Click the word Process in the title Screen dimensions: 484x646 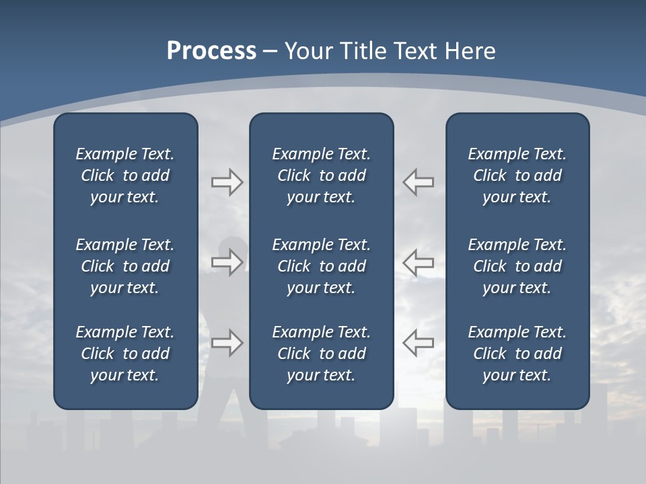click(211, 51)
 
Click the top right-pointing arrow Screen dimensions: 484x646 click(227, 182)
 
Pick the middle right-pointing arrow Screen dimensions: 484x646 click(227, 262)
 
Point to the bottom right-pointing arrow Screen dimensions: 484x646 click(227, 343)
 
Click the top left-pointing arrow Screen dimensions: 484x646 click(418, 182)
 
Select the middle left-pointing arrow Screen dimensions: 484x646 click(418, 262)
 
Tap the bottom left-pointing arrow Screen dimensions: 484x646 click(418, 343)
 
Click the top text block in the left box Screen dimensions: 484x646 click(125, 175)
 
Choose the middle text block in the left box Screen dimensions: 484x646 click(125, 266)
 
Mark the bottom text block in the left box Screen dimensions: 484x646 click(125, 354)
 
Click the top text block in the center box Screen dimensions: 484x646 click(322, 175)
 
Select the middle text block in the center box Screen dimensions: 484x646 click(322, 266)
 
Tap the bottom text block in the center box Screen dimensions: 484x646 click(322, 354)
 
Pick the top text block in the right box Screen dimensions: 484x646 click(517, 175)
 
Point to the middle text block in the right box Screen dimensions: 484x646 click(517, 266)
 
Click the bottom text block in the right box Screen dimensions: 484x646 click(517, 354)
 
